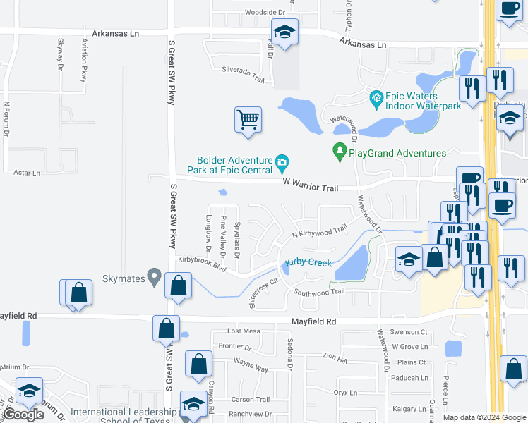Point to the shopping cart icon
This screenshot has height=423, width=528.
[x=248, y=120]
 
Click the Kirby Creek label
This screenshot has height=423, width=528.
[x=308, y=263]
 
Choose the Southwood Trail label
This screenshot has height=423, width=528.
[x=319, y=291]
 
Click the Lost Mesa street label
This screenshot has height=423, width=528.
[x=244, y=331]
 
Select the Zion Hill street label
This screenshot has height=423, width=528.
[x=335, y=360]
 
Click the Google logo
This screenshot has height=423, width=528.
[x=23, y=415]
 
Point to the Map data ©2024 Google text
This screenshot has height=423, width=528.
[x=484, y=417]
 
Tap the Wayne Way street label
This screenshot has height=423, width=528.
[x=251, y=367]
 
